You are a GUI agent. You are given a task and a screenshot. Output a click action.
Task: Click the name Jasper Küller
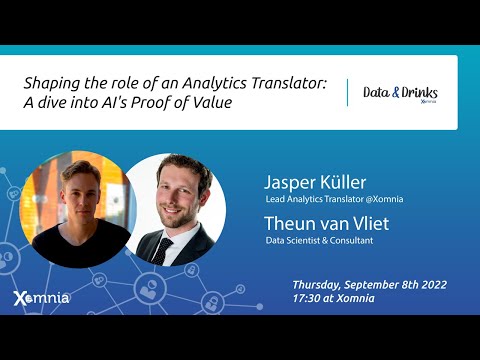(315, 182)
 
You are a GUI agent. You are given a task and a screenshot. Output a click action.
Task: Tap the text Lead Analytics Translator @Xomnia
(334, 199)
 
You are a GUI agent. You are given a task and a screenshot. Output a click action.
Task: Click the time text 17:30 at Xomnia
(334, 298)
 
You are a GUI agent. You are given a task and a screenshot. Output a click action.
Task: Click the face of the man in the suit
(182, 190)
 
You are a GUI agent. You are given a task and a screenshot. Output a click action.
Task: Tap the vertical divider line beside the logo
(347, 93)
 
